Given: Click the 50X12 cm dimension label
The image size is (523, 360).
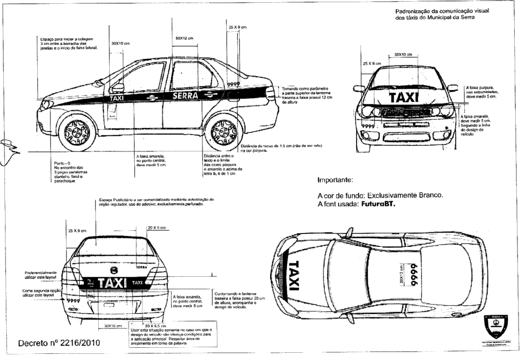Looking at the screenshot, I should coord(184,38).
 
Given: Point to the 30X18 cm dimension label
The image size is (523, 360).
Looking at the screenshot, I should coord(120,43).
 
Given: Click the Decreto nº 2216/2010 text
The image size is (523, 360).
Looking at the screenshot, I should coord(59,343).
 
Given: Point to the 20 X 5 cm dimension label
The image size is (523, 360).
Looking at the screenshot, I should coord(158,228).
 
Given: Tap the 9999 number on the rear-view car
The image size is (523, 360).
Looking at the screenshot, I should coord(73,300).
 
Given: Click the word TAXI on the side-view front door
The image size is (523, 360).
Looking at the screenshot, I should coord(117,99).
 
